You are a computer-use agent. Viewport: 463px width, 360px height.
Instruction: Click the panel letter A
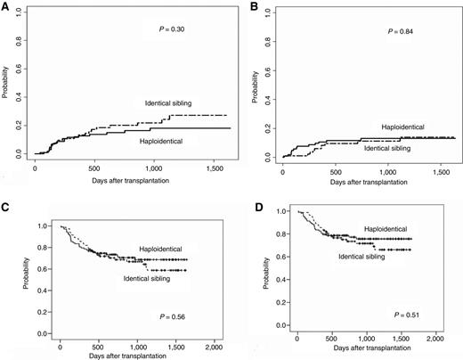[5, 8]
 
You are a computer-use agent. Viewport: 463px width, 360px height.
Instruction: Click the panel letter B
[256, 8]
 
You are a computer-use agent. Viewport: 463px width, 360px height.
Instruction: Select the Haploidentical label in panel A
[167, 140]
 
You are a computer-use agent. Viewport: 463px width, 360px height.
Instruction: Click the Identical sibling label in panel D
[361, 257]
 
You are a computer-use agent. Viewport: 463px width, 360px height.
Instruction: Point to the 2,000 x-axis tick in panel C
[212, 344]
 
